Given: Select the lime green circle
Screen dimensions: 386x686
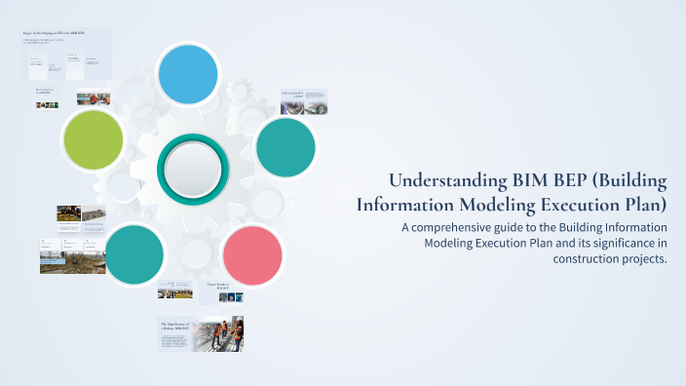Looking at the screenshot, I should point(93,139).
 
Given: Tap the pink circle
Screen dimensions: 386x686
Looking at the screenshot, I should point(252,255).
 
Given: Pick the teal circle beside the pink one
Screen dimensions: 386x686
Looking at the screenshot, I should point(134,254).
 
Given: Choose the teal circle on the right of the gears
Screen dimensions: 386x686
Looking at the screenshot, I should point(286,148).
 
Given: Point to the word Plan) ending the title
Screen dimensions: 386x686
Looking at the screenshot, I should point(642,205).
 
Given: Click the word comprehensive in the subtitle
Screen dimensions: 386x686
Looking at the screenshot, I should point(462,227).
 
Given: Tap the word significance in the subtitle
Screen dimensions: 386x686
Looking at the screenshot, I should point(610,243).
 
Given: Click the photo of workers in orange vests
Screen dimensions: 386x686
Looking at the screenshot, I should point(217,334).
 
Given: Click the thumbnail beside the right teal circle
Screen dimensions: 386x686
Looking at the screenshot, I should point(303,102).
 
